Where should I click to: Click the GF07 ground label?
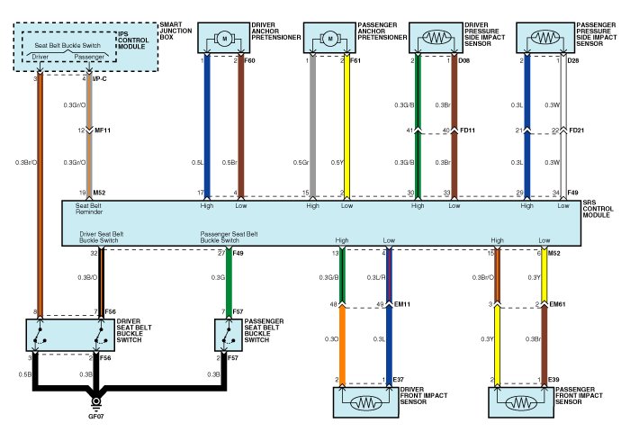click(x=96, y=416)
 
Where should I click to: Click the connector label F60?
click(x=251, y=61)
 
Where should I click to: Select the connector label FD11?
click(x=468, y=131)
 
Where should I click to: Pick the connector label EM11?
click(x=403, y=305)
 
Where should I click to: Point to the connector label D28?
click(x=574, y=61)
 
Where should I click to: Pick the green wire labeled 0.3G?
click(x=229, y=288)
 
